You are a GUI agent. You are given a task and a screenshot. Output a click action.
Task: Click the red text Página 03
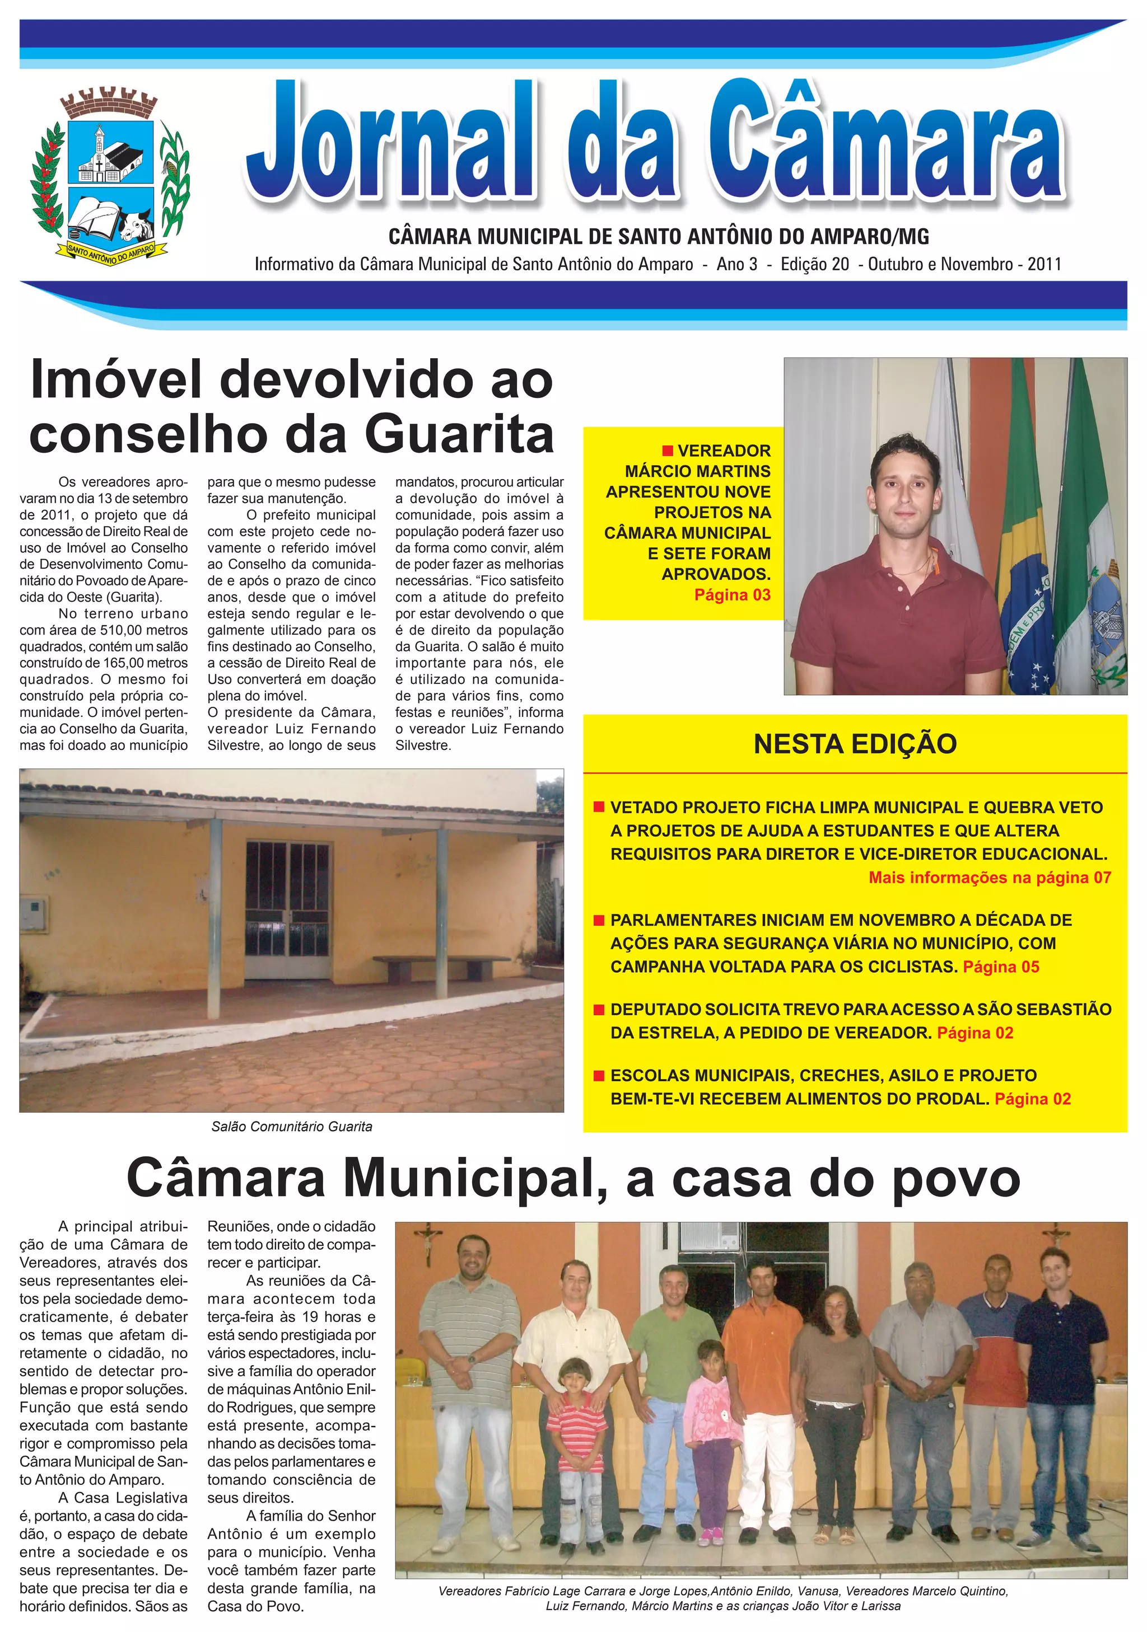732,595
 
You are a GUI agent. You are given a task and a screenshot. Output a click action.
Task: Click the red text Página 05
1000,967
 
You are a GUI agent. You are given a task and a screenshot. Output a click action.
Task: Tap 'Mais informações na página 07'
989,878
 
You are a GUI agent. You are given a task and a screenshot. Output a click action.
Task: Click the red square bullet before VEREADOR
667,451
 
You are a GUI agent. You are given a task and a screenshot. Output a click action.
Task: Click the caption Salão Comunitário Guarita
292,1127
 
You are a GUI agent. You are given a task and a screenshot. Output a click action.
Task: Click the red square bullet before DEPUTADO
599,1009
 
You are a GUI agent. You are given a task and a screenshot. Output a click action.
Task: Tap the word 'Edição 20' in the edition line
814,264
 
